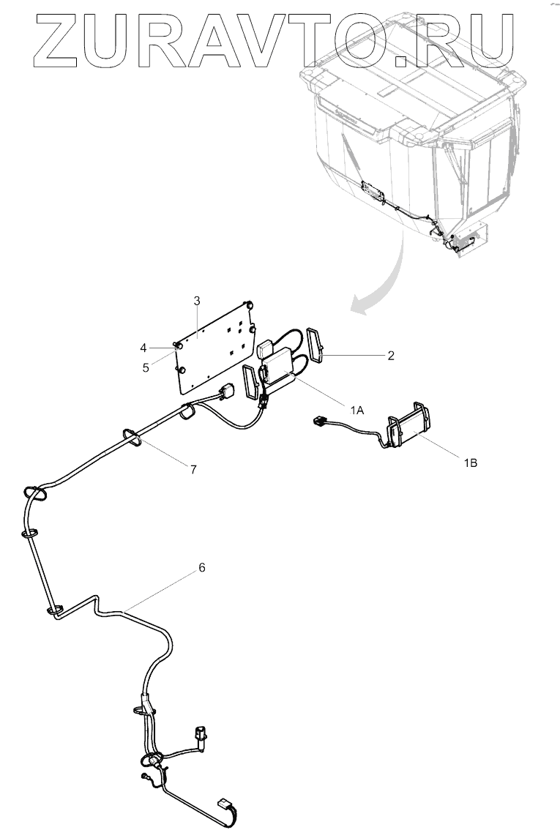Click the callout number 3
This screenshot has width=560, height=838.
point(197,300)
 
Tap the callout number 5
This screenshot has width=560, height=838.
point(146,367)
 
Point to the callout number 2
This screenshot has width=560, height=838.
point(391,356)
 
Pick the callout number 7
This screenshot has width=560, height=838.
point(193,469)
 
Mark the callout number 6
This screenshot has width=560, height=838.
point(202,567)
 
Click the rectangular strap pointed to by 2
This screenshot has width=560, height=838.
point(318,345)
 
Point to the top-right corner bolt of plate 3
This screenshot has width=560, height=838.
point(250,304)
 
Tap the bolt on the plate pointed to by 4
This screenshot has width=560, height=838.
point(178,345)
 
